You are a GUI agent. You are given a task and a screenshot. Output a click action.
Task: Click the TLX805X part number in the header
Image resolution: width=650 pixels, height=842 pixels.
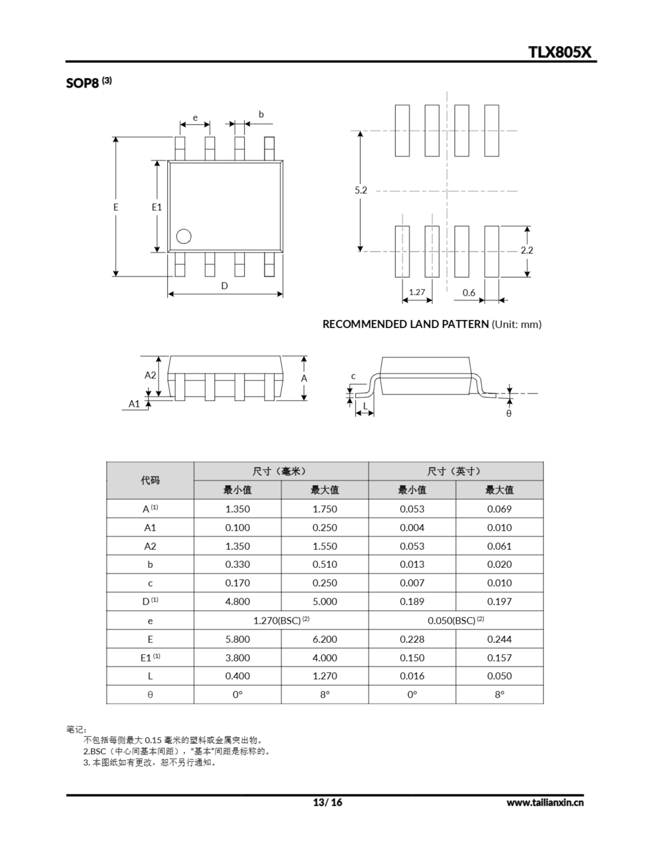[559, 52]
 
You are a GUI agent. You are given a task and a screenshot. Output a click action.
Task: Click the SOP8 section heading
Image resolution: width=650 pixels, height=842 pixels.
[82, 83]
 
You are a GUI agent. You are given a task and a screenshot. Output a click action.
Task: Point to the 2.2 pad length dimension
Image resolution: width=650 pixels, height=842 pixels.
[527, 250]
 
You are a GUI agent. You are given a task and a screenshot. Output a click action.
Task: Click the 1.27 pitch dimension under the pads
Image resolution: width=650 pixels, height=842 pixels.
[417, 292]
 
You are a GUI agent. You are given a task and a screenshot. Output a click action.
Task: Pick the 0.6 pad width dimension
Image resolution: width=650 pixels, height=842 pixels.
[469, 293]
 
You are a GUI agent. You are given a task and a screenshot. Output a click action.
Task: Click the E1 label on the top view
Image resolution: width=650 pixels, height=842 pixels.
[157, 207]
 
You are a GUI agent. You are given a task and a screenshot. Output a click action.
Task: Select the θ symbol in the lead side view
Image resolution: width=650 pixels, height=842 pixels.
[509, 414]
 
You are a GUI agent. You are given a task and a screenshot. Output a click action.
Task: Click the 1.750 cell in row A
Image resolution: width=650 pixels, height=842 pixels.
[325, 509]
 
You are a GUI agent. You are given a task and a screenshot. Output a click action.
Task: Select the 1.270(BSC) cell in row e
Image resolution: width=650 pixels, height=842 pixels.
[281, 620]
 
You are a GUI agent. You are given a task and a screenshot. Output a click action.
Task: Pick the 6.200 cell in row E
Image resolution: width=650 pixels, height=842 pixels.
[325, 639]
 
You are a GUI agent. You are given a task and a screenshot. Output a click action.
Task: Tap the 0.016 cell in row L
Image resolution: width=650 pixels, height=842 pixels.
[412, 676]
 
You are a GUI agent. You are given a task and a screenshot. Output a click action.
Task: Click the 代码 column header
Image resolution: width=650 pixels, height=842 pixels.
[150, 481]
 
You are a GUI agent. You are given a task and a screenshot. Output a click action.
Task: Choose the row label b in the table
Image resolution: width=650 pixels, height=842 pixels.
[150, 564]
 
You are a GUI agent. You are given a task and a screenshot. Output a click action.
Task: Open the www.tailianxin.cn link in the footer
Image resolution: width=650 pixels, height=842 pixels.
[545, 802]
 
